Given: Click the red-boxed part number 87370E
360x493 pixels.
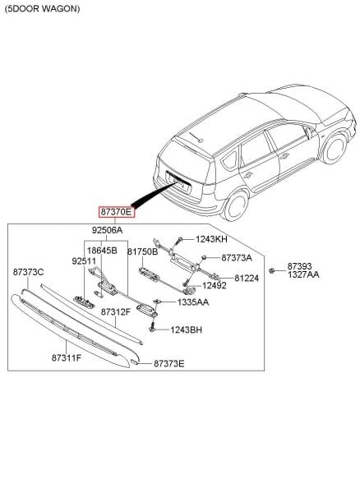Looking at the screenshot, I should [115, 211].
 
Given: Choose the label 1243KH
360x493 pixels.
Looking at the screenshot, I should [210, 239].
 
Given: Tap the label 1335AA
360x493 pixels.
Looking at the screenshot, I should [193, 302].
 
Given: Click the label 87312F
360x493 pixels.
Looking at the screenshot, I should [115, 312].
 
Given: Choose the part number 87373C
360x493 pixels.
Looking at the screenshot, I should [28, 270].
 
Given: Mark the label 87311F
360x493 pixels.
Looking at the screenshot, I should [67, 357].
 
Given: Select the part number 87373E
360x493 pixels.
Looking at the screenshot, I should [168, 362].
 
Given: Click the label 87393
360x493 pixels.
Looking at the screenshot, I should [299, 266].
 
